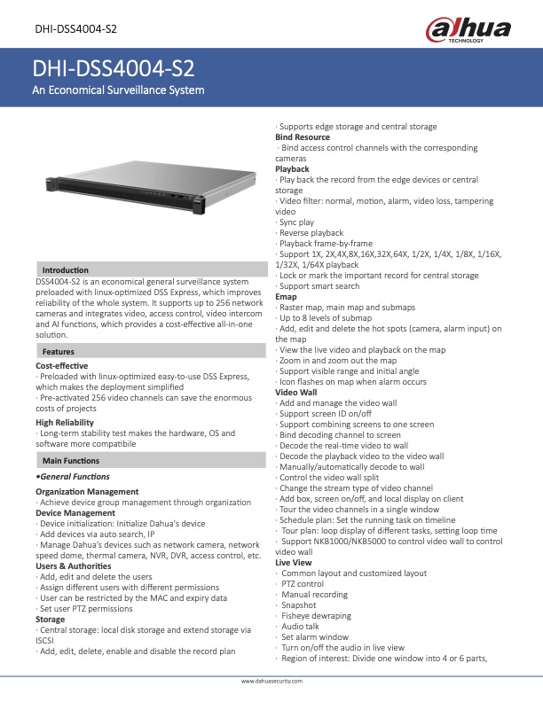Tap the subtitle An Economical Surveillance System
tap(118, 90)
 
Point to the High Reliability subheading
tap(65, 423)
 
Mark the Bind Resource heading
tap(303, 137)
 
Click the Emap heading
tap(287, 297)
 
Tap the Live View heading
tap(294, 562)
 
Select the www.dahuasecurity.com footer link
tap(271, 682)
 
